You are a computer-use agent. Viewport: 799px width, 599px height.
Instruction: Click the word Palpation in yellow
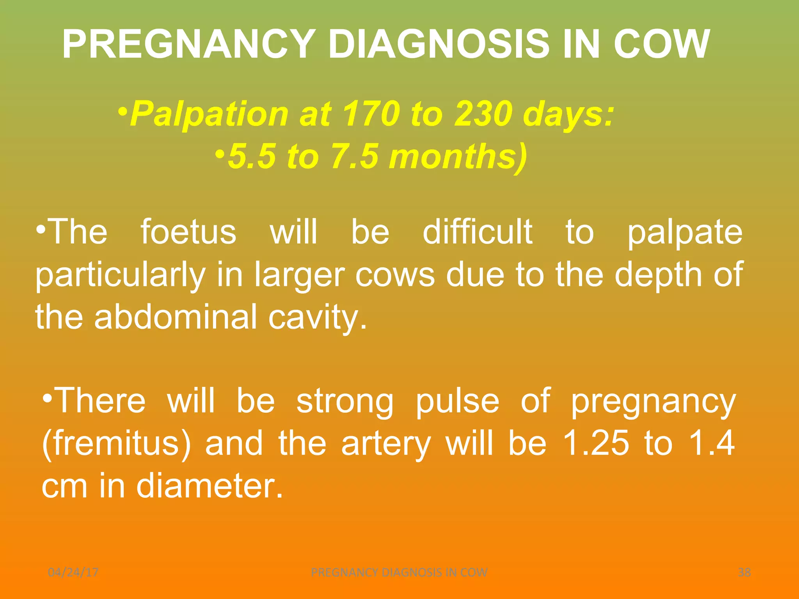click(209, 114)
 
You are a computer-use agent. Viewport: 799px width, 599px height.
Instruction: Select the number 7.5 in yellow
click(355, 157)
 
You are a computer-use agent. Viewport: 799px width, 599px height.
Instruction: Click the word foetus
click(188, 232)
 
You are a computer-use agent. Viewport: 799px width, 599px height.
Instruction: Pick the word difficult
click(478, 232)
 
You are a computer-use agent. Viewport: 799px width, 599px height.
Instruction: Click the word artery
click(386, 445)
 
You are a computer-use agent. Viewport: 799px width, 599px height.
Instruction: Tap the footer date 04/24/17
click(73, 572)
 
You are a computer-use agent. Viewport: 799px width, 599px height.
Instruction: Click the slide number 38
click(744, 572)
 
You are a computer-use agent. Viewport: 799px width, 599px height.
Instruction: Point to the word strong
click(345, 402)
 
